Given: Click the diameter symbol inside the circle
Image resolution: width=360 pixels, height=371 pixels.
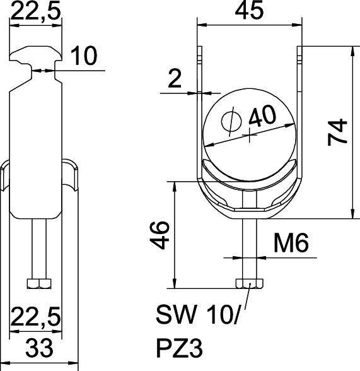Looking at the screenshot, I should tap(231, 121).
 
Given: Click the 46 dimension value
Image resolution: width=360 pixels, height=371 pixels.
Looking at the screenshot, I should tap(162, 235).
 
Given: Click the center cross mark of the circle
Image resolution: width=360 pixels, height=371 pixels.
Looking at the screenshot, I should tap(250, 134).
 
